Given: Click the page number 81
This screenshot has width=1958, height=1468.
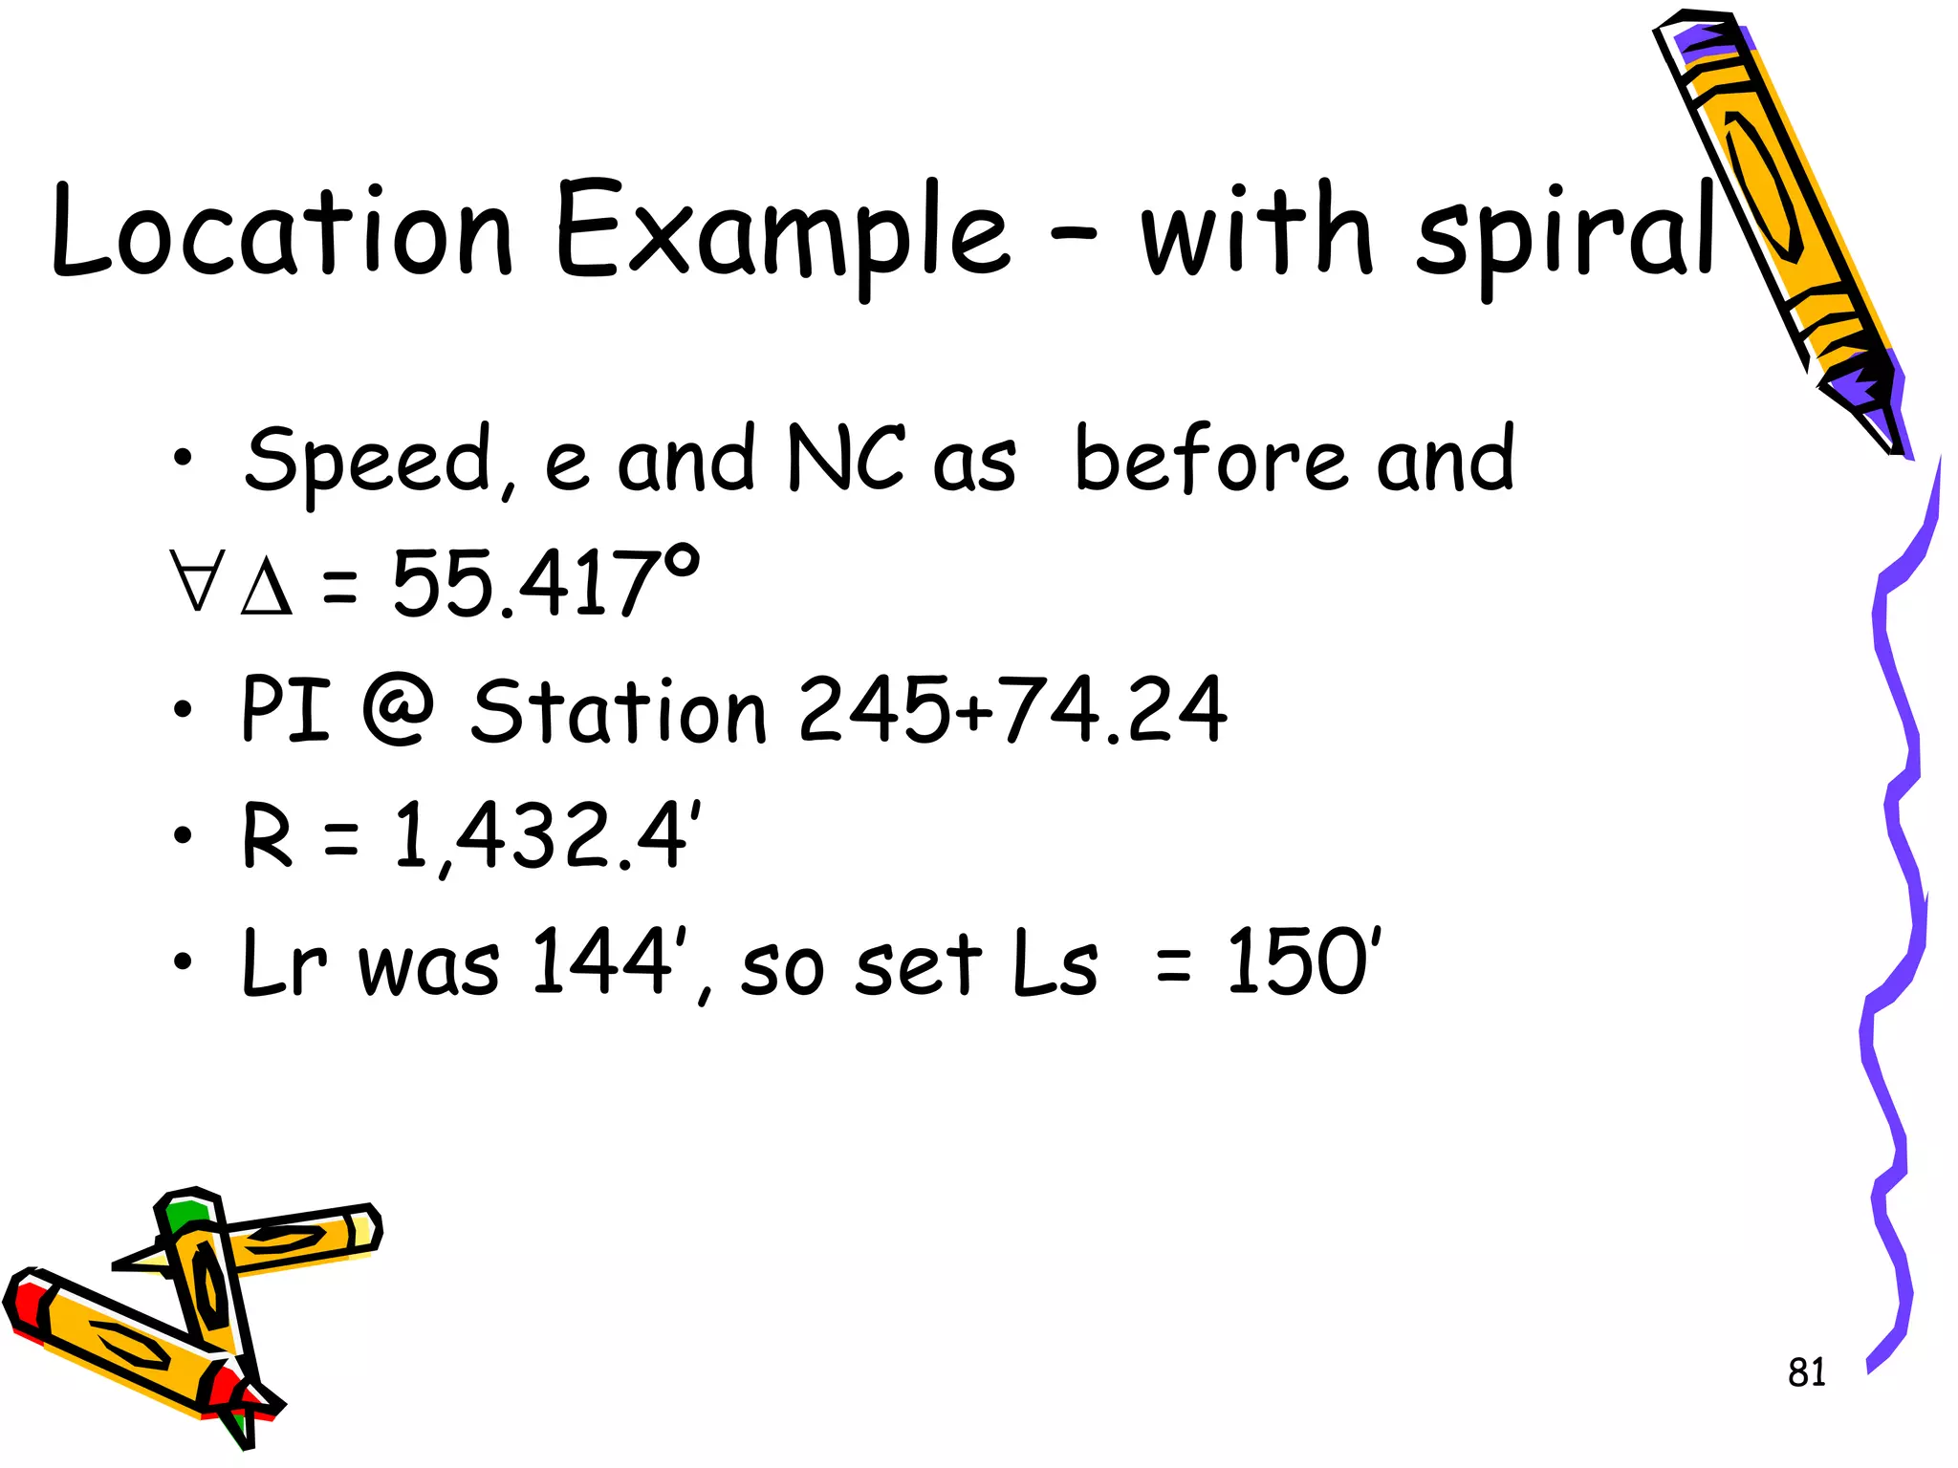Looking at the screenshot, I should pyautogui.click(x=1806, y=1372).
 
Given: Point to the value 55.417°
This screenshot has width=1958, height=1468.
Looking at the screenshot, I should pyautogui.click(x=546, y=582).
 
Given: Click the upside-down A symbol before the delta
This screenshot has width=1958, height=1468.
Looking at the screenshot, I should pyautogui.click(x=197, y=580).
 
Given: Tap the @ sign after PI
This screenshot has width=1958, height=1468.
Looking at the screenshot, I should pyautogui.click(x=399, y=709).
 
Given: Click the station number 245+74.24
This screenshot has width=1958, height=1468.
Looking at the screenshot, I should pyautogui.click(x=1012, y=709).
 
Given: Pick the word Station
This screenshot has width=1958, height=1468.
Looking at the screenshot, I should pyautogui.click(x=619, y=709).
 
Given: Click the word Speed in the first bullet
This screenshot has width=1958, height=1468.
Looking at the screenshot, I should pyautogui.click(x=368, y=460).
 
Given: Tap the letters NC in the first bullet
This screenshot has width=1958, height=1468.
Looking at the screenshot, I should pyautogui.click(x=844, y=459).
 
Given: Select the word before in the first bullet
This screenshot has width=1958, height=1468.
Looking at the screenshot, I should pyautogui.click(x=1215, y=459).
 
